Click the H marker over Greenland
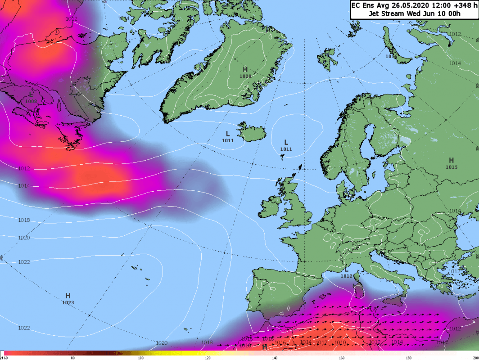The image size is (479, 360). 245,69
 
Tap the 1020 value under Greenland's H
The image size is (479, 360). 245,76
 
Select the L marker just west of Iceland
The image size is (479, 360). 228,134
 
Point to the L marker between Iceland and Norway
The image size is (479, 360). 286,142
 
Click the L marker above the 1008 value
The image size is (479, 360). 31,94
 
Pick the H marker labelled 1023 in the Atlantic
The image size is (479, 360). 68,296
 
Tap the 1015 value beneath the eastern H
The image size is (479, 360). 452,167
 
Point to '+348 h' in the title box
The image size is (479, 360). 449,5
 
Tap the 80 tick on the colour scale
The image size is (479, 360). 73,358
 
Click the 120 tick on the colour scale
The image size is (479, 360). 207,358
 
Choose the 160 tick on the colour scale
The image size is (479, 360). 342,358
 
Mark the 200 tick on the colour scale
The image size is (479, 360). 475,358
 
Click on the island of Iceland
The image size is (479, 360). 253,132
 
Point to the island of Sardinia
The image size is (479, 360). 359,289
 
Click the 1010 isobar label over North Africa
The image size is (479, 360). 340,342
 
